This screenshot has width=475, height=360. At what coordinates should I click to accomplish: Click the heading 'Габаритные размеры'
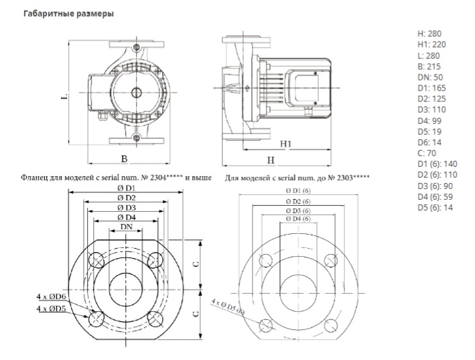(68, 14)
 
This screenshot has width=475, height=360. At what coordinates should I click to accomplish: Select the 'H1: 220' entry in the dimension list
(431, 44)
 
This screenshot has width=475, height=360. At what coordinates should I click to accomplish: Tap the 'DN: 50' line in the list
(430, 77)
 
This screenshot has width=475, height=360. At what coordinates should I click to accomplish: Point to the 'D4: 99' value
(429, 121)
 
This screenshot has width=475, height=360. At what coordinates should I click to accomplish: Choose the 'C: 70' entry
(427, 154)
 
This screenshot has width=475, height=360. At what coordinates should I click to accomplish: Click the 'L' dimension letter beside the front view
(64, 97)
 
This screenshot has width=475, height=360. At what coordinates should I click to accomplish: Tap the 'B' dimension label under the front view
(124, 159)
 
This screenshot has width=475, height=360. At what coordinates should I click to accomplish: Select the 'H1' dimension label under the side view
(285, 143)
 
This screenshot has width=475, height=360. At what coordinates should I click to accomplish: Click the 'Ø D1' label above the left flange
(127, 188)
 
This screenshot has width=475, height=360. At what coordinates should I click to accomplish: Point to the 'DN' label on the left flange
(127, 227)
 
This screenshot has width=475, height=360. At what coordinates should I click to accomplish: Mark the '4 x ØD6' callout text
(51, 297)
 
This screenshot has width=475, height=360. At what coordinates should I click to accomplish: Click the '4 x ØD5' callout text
(51, 309)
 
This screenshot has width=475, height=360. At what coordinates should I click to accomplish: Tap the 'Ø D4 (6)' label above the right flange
(298, 219)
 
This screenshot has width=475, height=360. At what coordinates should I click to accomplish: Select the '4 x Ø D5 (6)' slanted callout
(228, 306)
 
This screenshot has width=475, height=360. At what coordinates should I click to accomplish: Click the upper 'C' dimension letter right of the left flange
(196, 264)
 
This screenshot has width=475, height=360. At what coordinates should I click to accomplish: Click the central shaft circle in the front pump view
(136, 93)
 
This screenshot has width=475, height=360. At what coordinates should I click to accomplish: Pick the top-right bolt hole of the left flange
(155, 260)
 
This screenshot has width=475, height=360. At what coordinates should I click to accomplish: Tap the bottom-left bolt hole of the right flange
(266, 325)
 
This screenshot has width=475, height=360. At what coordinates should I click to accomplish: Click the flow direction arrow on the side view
(247, 88)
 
